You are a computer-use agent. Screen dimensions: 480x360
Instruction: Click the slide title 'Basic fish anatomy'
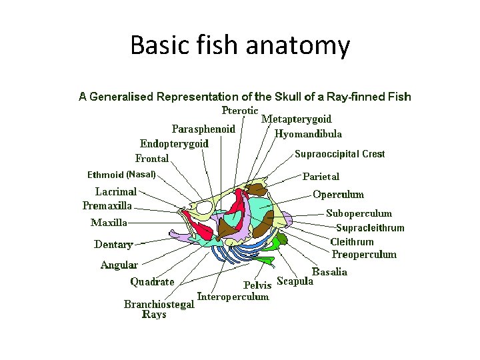[240, 45]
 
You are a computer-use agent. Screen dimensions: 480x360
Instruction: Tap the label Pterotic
[240, 111]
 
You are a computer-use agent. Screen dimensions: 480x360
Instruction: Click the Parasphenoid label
[203, 129]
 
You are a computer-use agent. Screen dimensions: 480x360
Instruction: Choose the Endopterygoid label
[174, 143]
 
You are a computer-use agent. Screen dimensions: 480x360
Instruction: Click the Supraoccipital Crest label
[340, 154]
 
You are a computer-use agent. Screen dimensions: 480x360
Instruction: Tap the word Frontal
[152, 159]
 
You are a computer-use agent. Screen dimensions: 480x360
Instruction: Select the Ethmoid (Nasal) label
[121, 175]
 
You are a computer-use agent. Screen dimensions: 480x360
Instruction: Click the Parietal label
[321, 177]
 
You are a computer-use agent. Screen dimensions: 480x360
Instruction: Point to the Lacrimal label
[116, 191]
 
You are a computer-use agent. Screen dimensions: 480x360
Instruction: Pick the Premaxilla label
[107, 205]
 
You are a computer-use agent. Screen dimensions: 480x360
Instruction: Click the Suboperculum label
[359, 213]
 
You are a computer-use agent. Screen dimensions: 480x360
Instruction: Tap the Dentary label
[113, 245]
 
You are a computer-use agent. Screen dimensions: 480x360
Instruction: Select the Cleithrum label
[352, 241]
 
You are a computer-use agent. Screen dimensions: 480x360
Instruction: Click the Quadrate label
[152, 282]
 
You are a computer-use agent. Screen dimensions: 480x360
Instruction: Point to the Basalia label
[329, 272]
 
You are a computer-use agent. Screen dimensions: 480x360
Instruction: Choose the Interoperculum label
[233, 297]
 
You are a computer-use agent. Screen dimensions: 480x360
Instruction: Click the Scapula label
[295, 281]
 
